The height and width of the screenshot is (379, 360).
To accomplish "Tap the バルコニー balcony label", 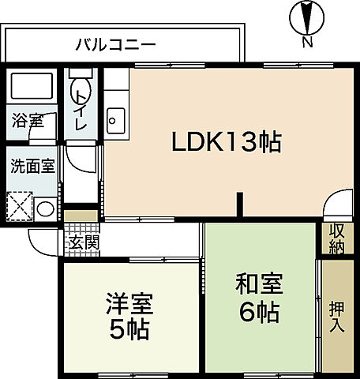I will (x=116, y=44).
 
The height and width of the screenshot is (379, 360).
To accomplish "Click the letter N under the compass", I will (x=306, y=41).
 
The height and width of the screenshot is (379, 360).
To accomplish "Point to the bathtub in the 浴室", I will (x=31, y=86).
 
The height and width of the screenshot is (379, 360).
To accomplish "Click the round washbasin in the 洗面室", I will (x=46, y=210).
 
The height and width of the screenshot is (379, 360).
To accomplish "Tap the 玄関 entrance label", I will (x=82, y=242).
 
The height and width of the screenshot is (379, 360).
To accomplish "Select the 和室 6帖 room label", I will (x=257, y=298).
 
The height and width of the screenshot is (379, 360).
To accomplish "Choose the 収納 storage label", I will (x=337, y=238).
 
